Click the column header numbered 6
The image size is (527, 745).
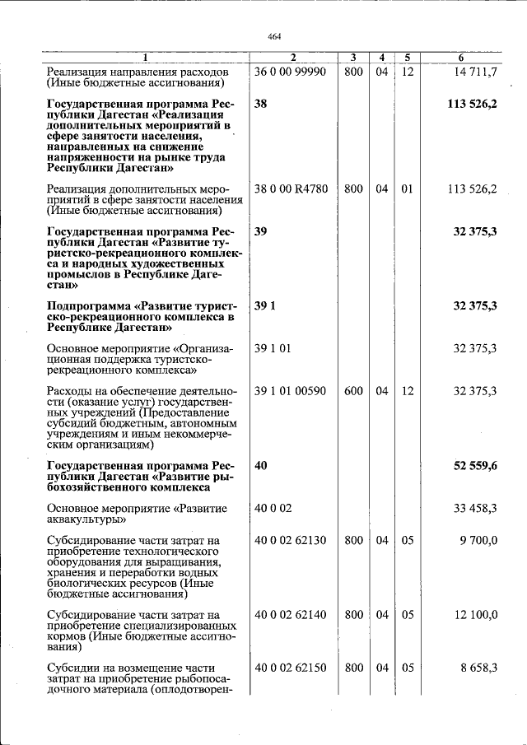[x=461, y=58]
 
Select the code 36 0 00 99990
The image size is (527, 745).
[x=291, y=72]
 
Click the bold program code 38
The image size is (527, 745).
[x=261, y=105]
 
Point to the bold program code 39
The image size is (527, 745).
[x=261, y=232]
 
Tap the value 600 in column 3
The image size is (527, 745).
[x=353, y=390]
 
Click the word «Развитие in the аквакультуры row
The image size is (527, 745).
[x=200, y=509]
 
